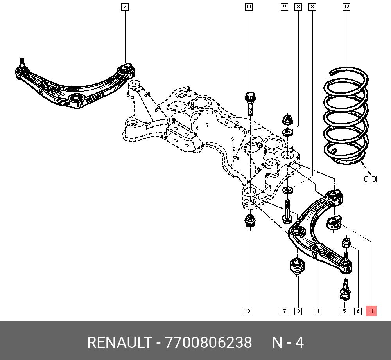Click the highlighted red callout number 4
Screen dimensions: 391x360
point(371,311)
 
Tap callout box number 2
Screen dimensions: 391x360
point(125,7)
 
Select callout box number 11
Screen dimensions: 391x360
point(249,7)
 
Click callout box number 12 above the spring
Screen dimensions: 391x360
point(346,7)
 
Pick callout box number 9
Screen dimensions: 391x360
point(285,7)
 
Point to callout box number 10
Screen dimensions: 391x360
point(247,311)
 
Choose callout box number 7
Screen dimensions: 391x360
point(284,311)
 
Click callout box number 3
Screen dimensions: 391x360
point(298,311)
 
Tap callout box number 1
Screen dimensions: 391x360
point(318,311)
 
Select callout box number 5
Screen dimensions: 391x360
point(344,311)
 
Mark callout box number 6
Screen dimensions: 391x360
point(358,311)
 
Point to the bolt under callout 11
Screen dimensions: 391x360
point(250,104)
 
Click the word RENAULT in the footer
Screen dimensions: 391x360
point(119,342)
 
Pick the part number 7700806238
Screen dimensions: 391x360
point(208,342)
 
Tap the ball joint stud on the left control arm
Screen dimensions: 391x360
point(22,64)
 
